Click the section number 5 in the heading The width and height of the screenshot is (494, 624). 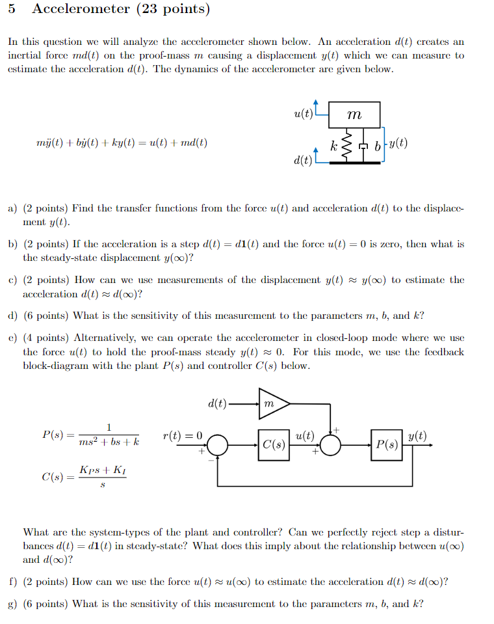[12, 9]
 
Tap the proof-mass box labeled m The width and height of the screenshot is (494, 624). [355, 115]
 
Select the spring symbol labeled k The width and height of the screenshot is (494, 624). [346, 147]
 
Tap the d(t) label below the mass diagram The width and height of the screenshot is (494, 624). [302, 159]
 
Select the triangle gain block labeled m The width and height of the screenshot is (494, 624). [270, 404]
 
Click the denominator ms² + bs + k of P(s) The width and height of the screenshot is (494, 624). [109, 442]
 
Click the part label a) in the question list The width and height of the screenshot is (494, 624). [12, 209]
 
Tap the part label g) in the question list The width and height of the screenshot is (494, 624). [12, 604]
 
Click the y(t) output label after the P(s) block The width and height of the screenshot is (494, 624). [418, 436]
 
